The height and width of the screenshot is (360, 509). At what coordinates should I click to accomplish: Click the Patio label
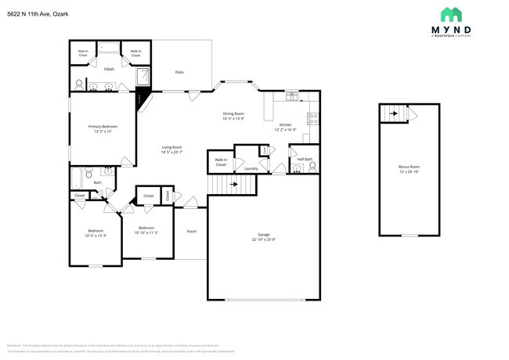coord(179,72)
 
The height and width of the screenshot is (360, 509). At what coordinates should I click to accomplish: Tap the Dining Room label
coord(233,113)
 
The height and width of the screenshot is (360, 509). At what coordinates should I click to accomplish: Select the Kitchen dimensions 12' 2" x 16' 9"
coord(287,130)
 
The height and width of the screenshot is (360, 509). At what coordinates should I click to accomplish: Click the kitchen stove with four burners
coord(313,120)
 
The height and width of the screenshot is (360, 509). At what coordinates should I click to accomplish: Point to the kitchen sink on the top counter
coord(291,96)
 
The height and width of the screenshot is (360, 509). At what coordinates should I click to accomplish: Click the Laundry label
coord(251,168)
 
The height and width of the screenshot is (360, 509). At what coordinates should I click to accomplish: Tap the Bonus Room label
coord(409,167)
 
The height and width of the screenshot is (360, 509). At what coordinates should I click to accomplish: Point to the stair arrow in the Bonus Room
coord(395,114)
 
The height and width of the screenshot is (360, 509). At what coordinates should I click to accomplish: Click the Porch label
coord(191,232)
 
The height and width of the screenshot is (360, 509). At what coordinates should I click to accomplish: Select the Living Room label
coord(171,147)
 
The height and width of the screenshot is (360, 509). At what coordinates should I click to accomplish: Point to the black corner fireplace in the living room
coord(143,99)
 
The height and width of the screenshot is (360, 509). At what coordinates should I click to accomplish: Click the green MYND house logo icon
coord(450,14)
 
